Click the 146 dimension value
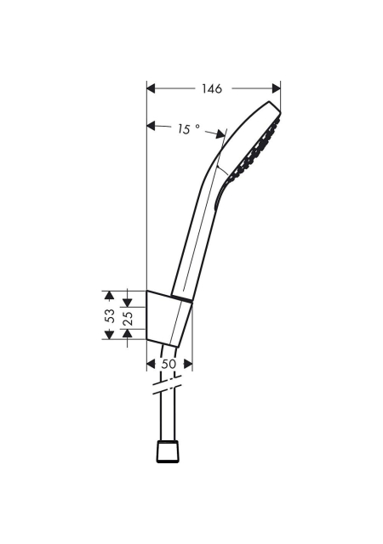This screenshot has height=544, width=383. coord(212,88)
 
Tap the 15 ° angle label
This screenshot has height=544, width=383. coord(188,129)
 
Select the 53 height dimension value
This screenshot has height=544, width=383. coord(110,315)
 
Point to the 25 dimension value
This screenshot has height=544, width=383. coord(128,318)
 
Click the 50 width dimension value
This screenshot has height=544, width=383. coord(169,364)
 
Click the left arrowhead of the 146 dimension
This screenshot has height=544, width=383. coord(151,88)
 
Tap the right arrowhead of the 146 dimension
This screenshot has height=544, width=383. coord(277,88)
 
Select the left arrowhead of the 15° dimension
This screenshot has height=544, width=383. coord(151,125)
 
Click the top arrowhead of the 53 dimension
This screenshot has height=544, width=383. coord(110,295)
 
